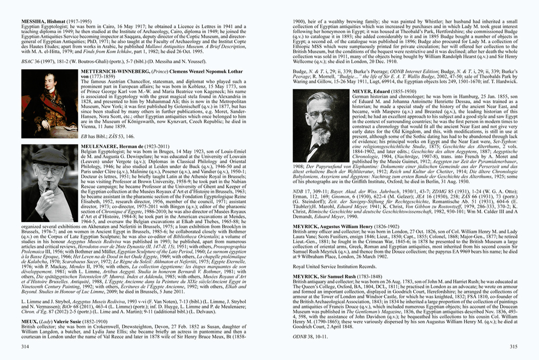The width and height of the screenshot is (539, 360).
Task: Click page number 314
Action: click(25, 346)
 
